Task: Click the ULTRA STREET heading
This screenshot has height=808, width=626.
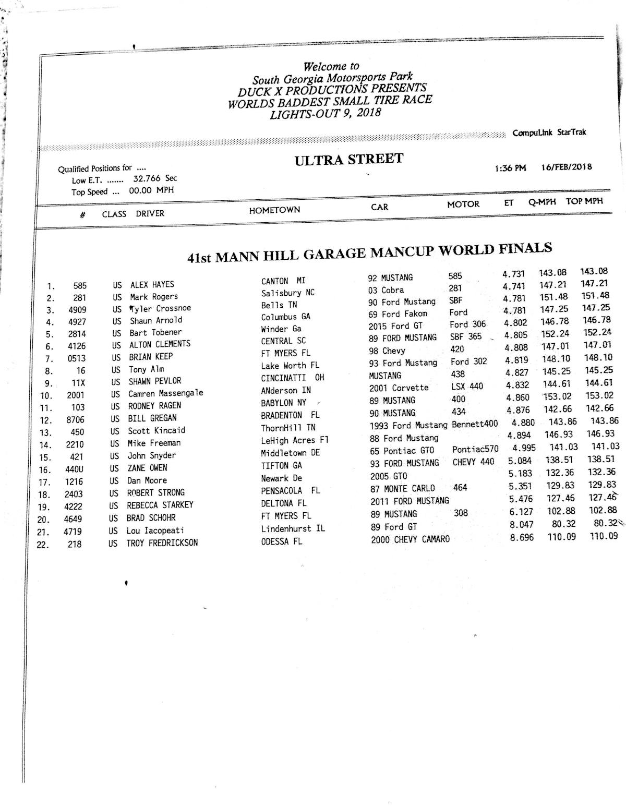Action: click(348, 159)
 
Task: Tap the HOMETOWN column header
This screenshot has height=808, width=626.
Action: click(274, 210)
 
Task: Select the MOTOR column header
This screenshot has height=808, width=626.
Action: click(463, 204)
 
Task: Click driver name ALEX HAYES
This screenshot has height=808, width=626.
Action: click(152, 285)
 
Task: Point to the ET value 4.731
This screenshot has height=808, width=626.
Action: click(513, 274)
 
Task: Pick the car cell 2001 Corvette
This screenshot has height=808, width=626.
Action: click(399, 388)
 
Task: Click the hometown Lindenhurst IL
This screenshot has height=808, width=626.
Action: click(293, 528)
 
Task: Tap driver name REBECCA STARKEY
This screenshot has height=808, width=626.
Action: click(160, 505)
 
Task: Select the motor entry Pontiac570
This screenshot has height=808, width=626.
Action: click(475, 449)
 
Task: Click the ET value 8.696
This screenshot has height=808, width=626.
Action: click(522, 537)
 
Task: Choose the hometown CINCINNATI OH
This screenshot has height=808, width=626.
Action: click(292, 378)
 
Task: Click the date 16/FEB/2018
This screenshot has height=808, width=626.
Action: click(566, 167)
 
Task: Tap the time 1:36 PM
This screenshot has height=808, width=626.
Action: click(510, 168)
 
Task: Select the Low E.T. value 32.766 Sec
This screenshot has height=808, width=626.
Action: click(155, 178)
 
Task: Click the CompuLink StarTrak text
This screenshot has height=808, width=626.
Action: click(549, 132)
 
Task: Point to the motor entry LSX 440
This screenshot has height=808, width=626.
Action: click(467, 387)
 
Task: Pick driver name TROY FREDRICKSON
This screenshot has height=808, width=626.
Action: click(162, 542)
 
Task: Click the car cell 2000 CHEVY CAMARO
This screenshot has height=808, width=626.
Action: click(410, 539)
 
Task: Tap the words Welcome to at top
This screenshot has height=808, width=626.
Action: click(331, 67)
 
